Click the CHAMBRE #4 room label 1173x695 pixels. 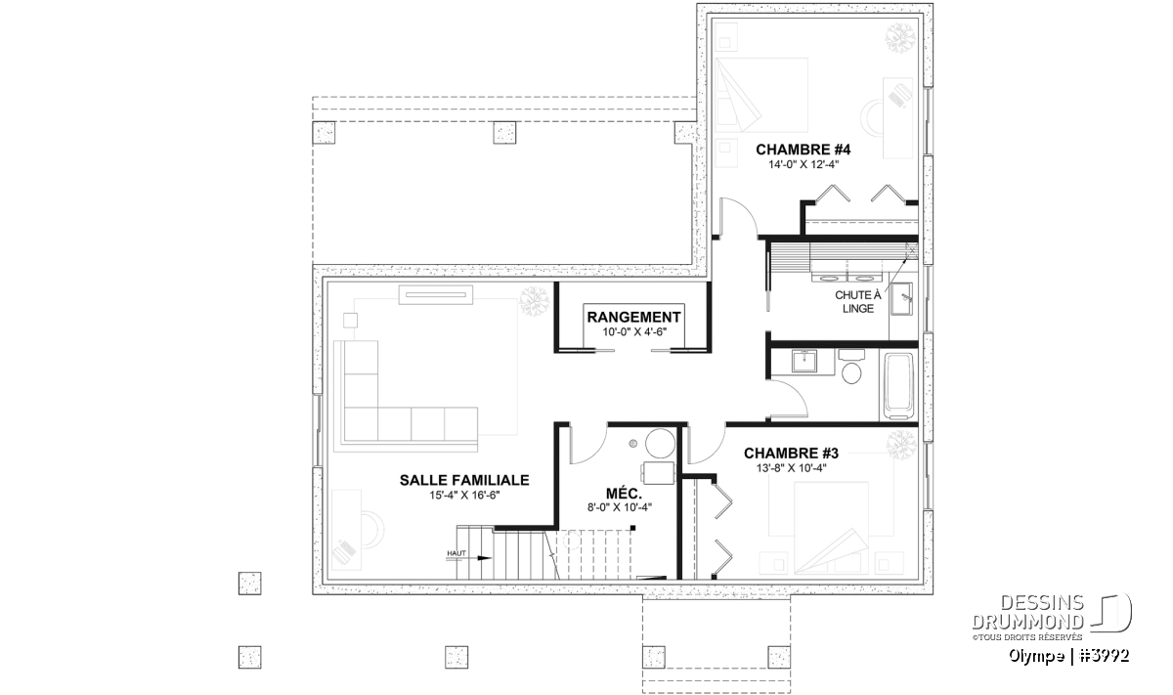click(x=804, y=150)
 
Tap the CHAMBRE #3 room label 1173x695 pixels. click(x=791, y=453)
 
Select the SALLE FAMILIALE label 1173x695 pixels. click(x=464, y=480)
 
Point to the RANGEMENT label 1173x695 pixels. click(x=633, y=318)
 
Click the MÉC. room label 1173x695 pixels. click(x=625, y=494)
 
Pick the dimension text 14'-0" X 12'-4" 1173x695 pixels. click(x=804, y=164)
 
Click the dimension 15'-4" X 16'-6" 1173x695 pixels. click(x=464, y=495)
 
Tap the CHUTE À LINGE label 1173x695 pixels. click(x=858, y=302)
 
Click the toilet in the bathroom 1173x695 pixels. click(x=852, y=367)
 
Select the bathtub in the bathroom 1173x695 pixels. click(x=898, y=386)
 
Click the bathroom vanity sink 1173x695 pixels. click(x=804, y=361)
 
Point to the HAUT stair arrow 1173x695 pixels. click(x=468, y=558)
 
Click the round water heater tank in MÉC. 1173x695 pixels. click(x=661, y=444)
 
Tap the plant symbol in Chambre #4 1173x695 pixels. click(x=900, y=38)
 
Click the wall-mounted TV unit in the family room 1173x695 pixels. click(x=436, y=295)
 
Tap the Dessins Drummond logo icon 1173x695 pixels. click(x=1111, y=612)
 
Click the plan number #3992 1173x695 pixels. click(x=1105, y=656)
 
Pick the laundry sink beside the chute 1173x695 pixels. click(x=901, y=299)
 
